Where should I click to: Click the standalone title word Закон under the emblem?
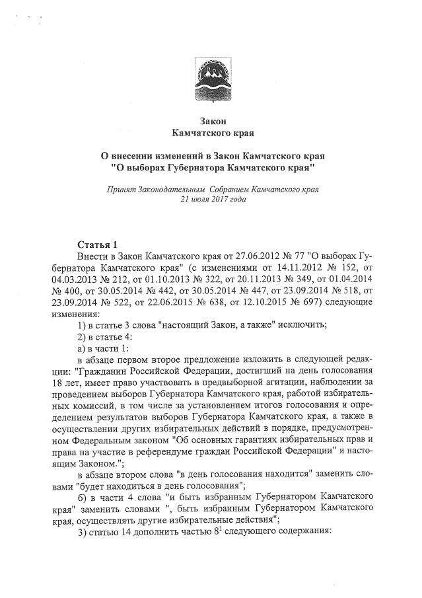click(212, 121)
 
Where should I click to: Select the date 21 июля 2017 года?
click(208, 199)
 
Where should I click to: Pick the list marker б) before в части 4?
click(83, 494)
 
